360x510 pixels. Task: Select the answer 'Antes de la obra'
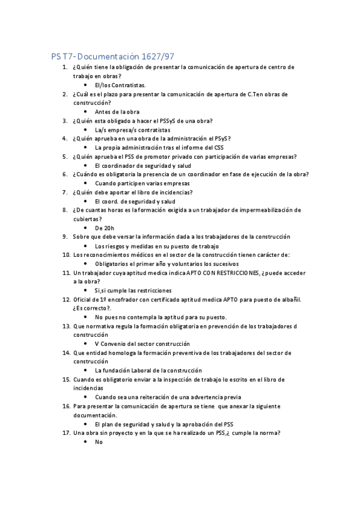[x=117, y=112]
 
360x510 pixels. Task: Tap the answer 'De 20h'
[x=105, y=229]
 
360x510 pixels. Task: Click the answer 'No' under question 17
[x=99, y=442]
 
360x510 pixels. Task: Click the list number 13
[x=66, y=326]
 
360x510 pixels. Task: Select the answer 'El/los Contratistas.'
[x=120, y=85]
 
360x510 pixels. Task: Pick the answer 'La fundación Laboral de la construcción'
[x=148, y=370]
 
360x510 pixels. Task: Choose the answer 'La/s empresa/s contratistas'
[x=132, y=130]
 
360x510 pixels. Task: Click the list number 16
[x=66, y=407]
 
